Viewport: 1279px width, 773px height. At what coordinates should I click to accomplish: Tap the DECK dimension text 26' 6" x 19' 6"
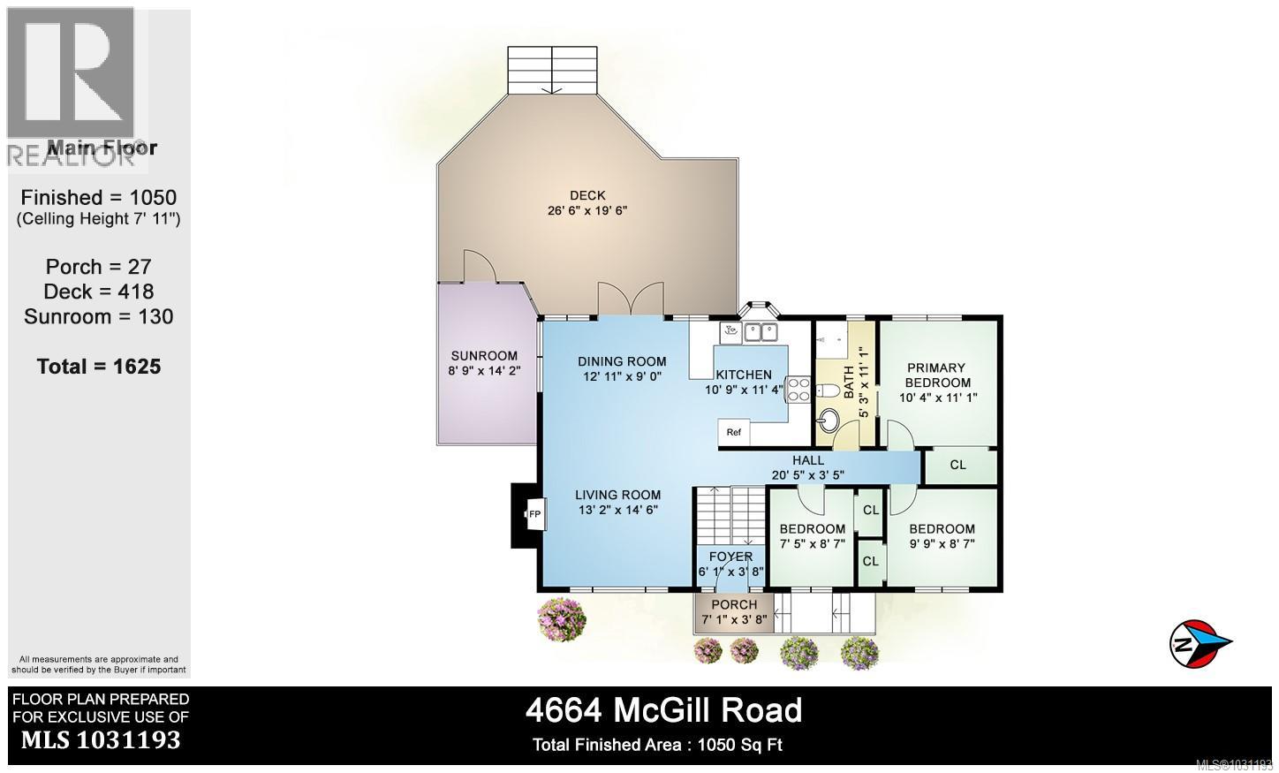point(587,211)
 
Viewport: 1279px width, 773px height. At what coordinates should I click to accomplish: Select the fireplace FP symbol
point(534,514)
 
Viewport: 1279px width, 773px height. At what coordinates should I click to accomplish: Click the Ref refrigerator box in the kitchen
point(734,433)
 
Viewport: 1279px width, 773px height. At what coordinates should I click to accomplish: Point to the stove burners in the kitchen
point(798,390)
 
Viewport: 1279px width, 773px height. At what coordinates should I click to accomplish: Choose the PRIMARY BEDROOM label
point(936,375)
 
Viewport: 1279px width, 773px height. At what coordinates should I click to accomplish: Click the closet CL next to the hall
point(958,466)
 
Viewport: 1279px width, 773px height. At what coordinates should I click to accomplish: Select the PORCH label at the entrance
point(734,605)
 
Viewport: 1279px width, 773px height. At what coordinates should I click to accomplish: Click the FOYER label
point(730,557)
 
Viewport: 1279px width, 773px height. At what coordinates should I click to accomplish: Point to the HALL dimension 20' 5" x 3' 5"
point(807,475)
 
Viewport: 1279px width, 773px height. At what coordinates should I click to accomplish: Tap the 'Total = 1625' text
point(99,367)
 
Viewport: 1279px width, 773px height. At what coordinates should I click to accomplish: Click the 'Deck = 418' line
point(99,292)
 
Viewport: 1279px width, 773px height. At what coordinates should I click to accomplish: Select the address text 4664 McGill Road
point(663,710)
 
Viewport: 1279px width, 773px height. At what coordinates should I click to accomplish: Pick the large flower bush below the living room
point(562,618)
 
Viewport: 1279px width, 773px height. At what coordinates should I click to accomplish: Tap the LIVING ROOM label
point(617,495)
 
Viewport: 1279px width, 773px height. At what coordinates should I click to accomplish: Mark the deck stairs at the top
point(553,68)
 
